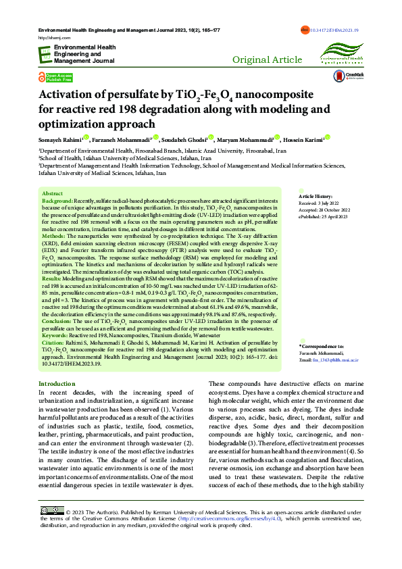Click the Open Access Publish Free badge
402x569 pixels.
[56, 77]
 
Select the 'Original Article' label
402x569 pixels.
[267, 60]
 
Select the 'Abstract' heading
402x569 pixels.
[53, 193]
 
